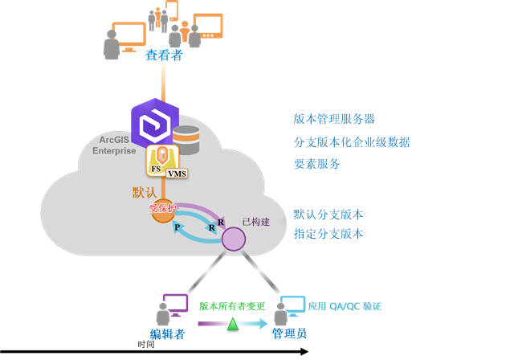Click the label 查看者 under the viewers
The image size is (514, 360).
click(x=165, y=55)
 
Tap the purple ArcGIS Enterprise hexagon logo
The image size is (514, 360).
click(x=154, y=124)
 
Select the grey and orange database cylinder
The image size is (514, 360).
click(x=186, y=139)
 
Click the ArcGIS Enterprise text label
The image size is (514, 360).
click(x=113, y=145)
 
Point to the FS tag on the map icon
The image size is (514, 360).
click(x=156, y=169)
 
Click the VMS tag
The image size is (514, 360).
click(x=177, y=174)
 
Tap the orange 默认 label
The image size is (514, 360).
click(x=145, y=193)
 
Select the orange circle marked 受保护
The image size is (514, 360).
click(x=162, y=209)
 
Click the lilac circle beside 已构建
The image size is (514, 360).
click(x=233, y=239)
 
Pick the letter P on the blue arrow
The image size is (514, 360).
click(x=177, y=227)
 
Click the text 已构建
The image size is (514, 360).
click(x=255, y=222)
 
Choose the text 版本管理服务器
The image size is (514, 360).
click(x=334, y=119)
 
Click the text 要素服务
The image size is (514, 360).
click(x=316, y=164)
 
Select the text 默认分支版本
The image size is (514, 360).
click(x=328, y=215)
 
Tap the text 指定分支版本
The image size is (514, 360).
click(x=328, y=234)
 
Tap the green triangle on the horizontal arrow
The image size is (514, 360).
click(x=233, y=324)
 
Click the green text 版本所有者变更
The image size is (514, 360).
click(x=232, y=306)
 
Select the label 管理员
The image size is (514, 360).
click(x=289, y=333)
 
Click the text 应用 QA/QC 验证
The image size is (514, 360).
click(x=345, y=306)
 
